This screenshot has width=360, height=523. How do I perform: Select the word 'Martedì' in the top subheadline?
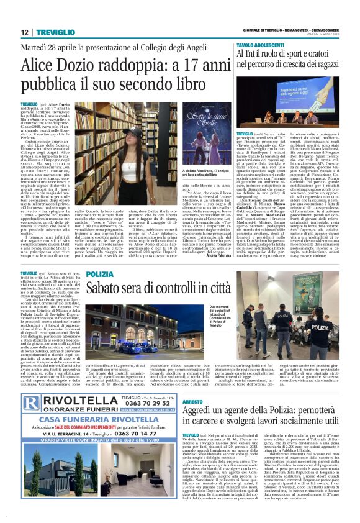coord(35,47)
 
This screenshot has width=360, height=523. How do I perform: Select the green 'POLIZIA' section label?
coord(99,274)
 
